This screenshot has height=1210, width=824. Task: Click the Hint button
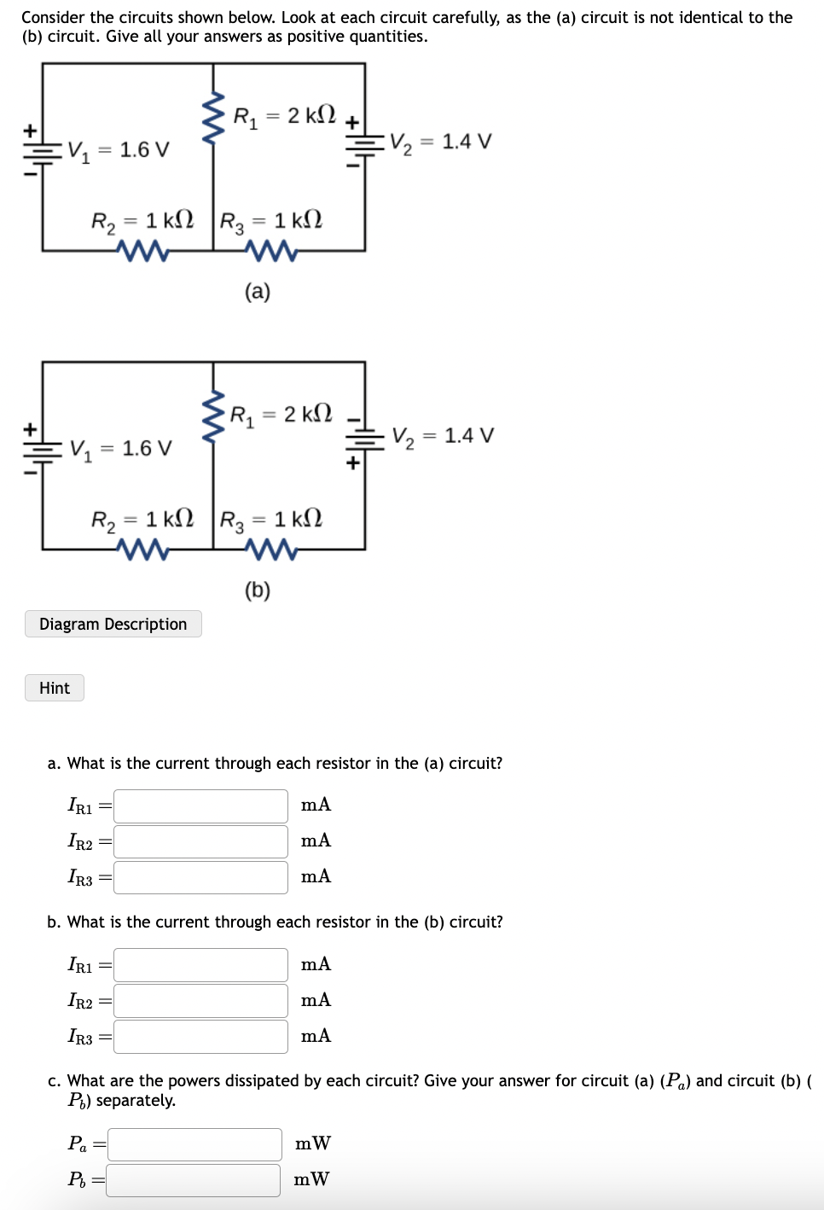point(55,688)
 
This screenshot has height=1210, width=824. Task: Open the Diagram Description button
point(113,624)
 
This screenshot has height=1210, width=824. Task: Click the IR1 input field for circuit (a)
point(200,806)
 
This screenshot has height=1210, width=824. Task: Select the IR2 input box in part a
point(200,841)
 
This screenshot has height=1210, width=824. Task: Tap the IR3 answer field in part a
point(200,877)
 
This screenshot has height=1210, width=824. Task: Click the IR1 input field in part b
point(200,965)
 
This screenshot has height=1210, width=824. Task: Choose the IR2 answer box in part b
point(200,1001)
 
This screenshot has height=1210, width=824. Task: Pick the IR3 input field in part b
point(200,1037)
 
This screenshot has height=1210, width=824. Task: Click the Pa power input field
point(194,1144)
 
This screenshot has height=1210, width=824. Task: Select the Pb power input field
point(194,1180)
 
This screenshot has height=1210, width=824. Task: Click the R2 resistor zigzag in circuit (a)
point(142,250)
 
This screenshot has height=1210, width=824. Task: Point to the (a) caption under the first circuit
point(257,292)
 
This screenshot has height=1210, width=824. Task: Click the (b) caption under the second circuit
point(257,590)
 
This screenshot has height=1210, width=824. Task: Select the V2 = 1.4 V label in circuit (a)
point(440,143)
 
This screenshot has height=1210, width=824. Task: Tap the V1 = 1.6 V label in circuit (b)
point(121,449)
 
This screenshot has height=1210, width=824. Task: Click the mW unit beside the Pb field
point(311,1179)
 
